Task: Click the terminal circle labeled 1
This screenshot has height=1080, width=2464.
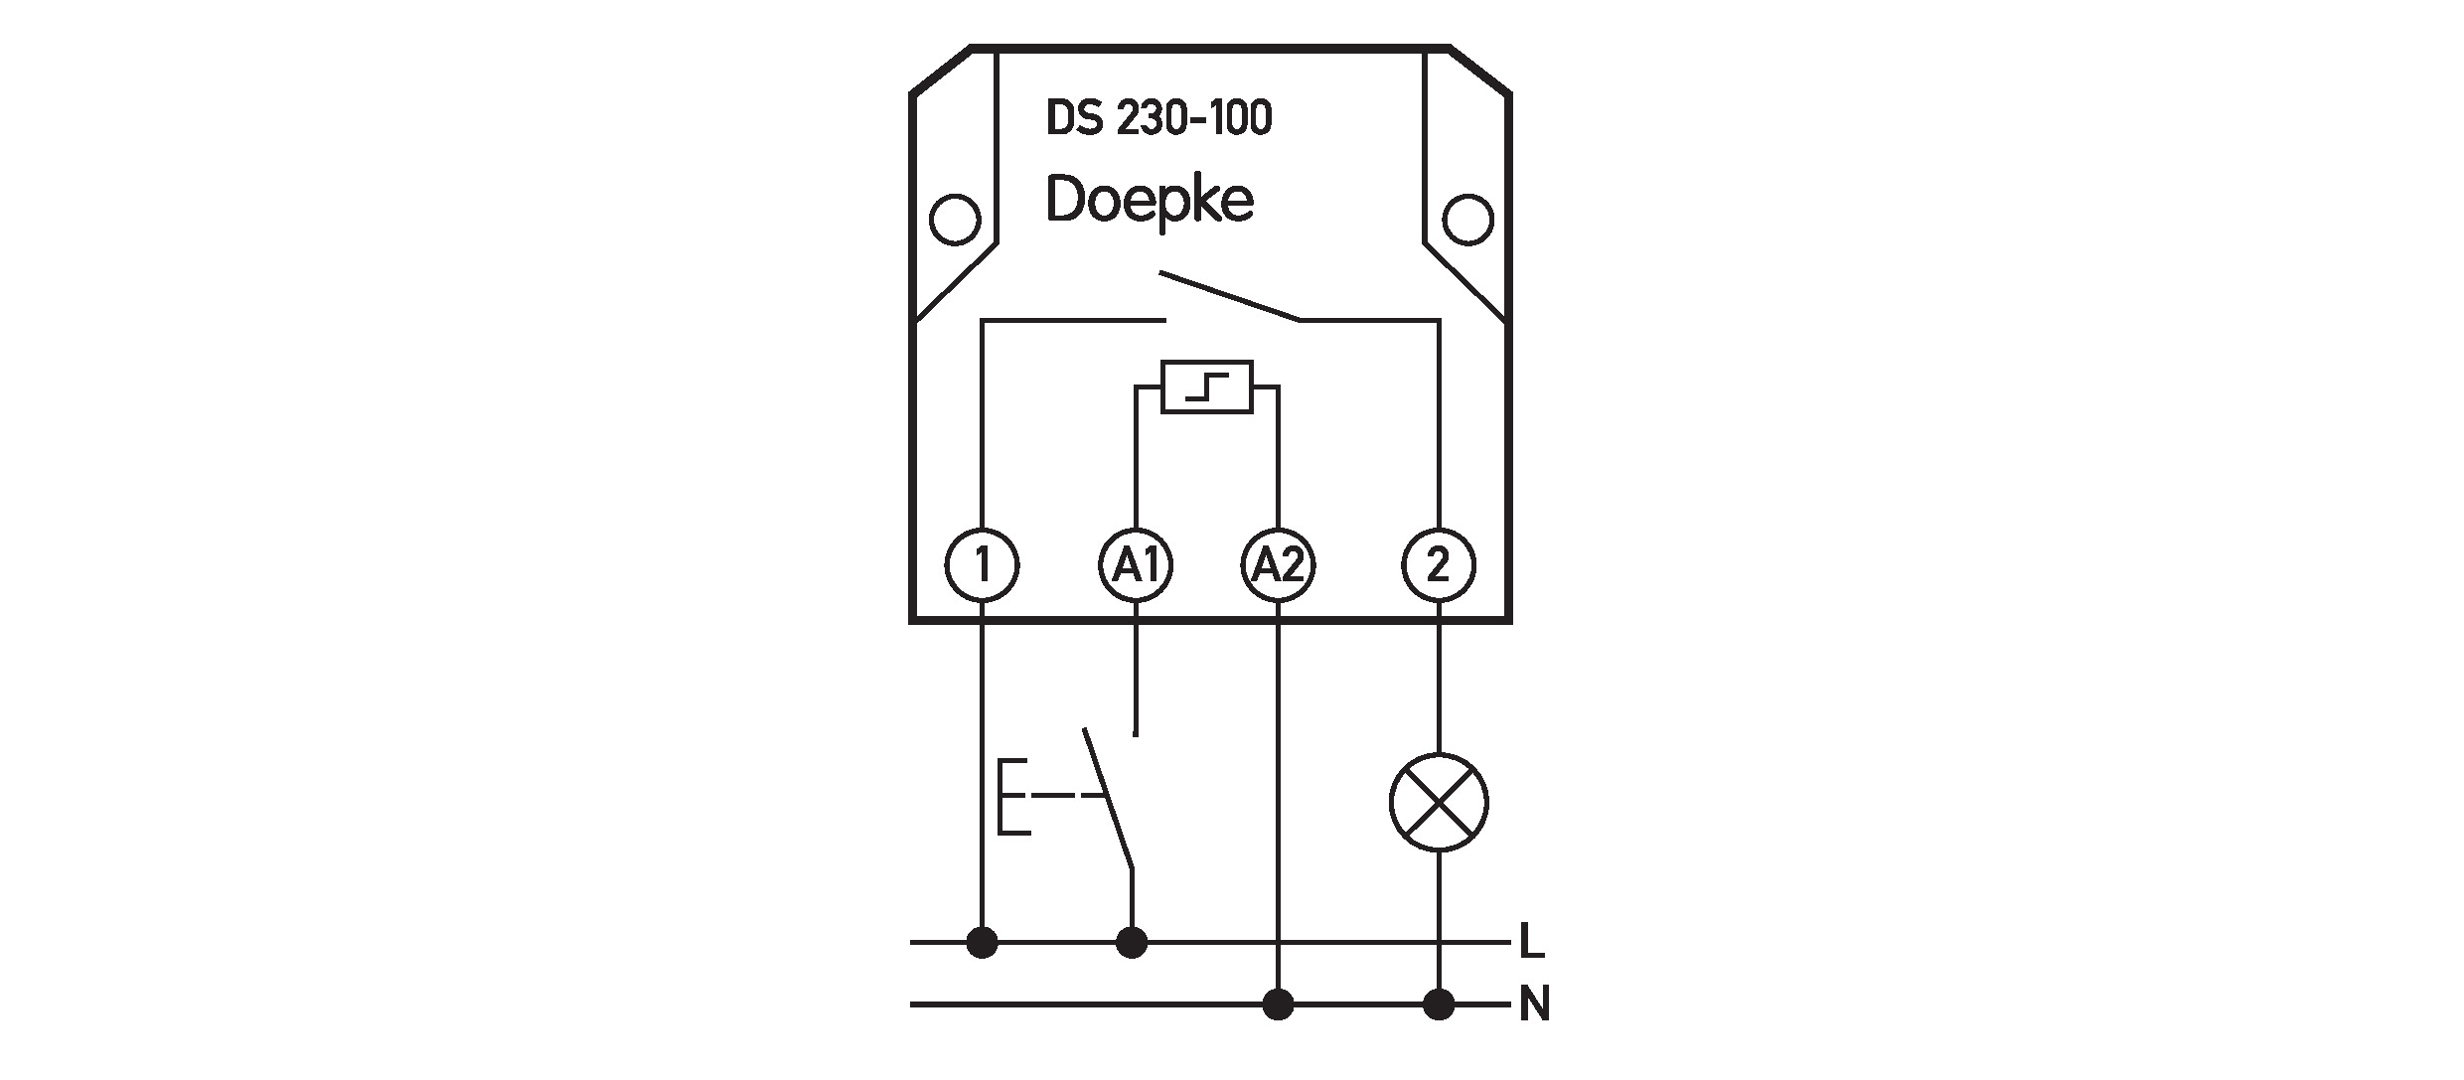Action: tap(983, 566)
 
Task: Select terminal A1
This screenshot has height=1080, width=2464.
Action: tap(1136, 566)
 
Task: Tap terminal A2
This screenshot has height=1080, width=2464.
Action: tap(1279, 566)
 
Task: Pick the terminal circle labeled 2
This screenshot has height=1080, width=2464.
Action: tap(1438, 566)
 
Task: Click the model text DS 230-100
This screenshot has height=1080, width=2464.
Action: tap(1158, 118)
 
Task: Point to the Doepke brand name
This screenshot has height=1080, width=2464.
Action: tap(1150, 202)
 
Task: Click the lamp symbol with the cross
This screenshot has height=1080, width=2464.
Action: tap(1439, 803)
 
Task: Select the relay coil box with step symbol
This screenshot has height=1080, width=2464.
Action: tap(1207, 386)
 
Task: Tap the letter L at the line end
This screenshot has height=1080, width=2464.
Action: tap(1532, 942)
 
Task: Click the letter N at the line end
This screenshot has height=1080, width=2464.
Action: tap(1535, 1006)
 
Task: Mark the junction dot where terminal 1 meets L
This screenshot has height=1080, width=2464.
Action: tap(983, 942)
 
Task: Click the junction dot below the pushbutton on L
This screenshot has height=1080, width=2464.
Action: tap(1132, 942)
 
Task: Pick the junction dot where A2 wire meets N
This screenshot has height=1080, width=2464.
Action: tap(1279, 1005)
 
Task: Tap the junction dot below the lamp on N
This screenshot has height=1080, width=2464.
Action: tap(1438, 1005)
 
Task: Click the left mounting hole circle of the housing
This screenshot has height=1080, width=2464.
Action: tap(955, 218)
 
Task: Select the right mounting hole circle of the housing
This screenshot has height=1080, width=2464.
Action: tap(1467, 218)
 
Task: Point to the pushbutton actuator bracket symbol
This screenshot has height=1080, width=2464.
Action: tap(1013, 796)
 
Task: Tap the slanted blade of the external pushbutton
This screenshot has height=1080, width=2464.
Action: tap(1108, 800)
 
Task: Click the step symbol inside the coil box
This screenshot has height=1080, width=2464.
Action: tap(1207, 386)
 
